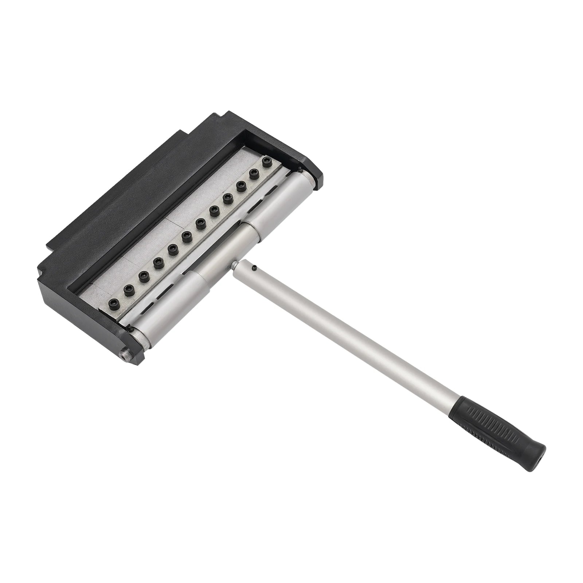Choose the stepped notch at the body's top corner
coord(219,117)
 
